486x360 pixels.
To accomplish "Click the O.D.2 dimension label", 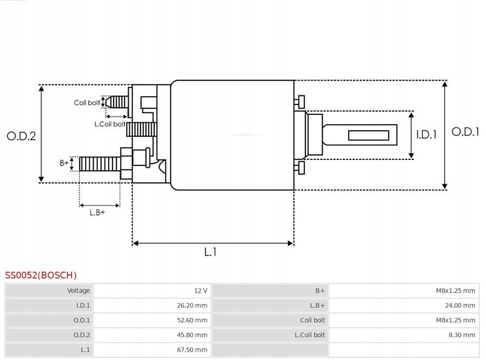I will click(21, 136).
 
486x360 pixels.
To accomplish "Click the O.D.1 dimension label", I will click(465, 131).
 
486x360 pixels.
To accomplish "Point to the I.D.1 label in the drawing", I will click(426, 135).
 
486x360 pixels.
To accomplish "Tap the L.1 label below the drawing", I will click(210, 252).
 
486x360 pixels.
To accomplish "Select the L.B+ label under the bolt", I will click(97, 212).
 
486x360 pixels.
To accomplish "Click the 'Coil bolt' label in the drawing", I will click(87, 103).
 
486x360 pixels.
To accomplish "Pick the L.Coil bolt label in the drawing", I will click(109, 124).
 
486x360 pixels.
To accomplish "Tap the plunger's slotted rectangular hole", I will click(370, 135).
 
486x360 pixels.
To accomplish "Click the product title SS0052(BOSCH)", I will click(41, 275).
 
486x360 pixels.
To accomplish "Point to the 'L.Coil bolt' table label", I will click(310, 335).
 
